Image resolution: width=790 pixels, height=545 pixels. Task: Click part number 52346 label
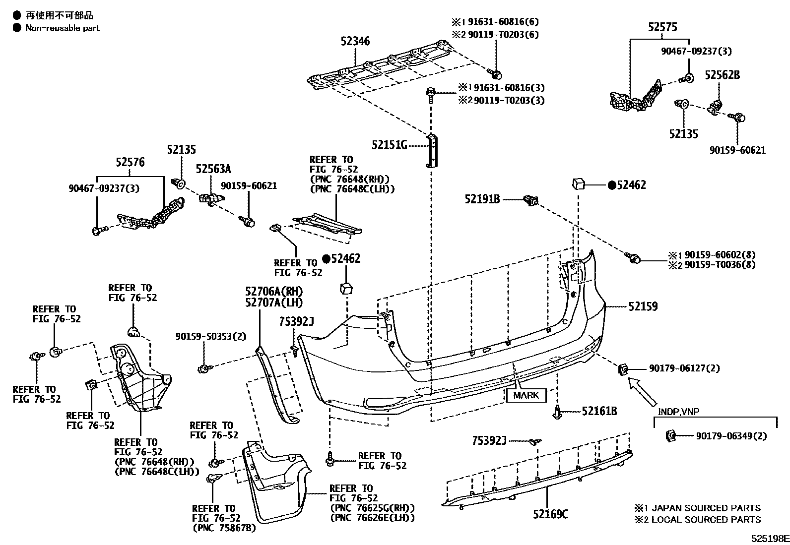point(355,42)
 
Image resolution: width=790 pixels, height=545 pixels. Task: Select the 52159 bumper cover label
point(643,307)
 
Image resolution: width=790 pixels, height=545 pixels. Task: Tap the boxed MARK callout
point(526,395)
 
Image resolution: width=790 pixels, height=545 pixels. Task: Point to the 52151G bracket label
point(389,145)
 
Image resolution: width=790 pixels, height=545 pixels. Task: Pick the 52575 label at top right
point(662,28)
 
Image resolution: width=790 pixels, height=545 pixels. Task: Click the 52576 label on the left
point(130,162)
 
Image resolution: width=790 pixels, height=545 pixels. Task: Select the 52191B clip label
point(482,199)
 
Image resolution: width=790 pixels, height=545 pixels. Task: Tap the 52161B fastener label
point(599,411)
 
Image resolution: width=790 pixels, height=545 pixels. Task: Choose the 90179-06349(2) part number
point(731,436)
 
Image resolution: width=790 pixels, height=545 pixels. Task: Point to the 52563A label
point(213,169)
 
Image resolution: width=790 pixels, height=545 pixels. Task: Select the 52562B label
point(722,75)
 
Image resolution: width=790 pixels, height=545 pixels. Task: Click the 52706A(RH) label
point(273,292)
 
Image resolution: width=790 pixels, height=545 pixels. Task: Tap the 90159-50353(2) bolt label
point(210,336)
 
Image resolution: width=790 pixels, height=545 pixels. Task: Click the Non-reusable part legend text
point(62,28)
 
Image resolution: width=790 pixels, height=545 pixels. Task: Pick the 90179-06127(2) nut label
point(684,368)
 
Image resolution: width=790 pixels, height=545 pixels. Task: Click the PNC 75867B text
point(224,528)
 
